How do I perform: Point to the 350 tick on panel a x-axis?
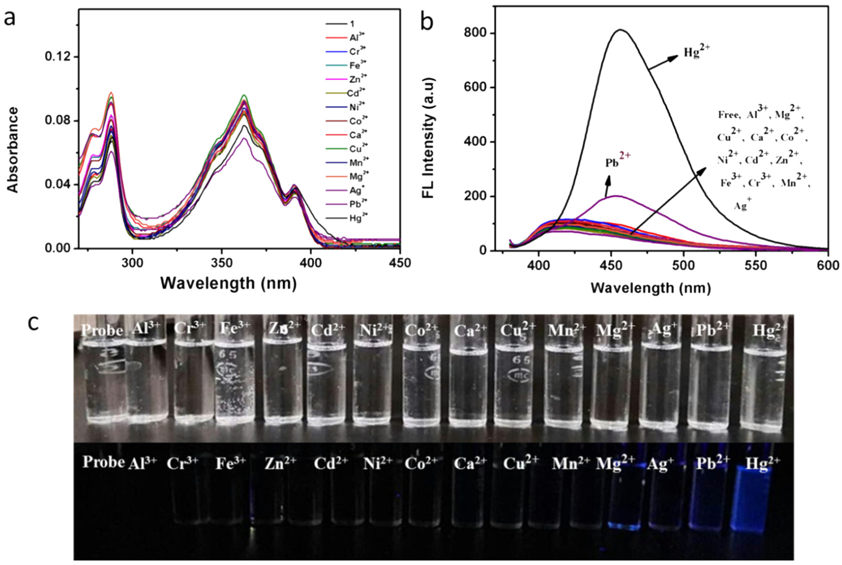coord(221,263)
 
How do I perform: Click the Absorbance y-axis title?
coord(13,149)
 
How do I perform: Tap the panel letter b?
coord(427,22)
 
